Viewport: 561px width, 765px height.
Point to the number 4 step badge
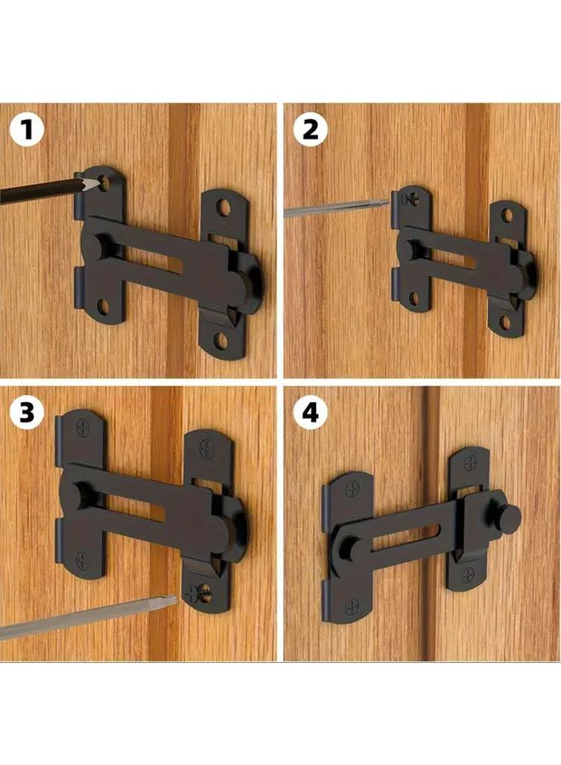pos(309,413)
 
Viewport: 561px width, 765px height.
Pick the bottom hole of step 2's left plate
pos(415,297)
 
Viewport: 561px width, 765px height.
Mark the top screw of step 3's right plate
pos(206,448)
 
